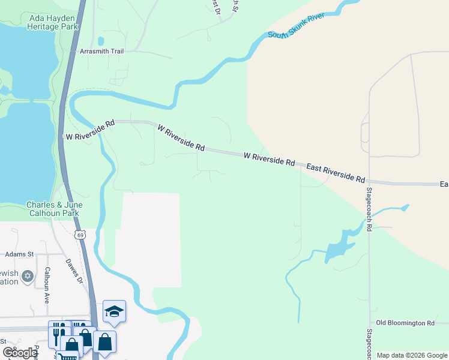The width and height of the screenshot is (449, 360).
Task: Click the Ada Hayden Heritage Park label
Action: [x=54, y=22]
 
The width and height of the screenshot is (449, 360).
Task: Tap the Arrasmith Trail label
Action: [x=101, y=52]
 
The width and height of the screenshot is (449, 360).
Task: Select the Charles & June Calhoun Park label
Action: [x=54, y=209]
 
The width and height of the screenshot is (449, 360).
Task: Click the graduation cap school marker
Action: [x=114, y=311]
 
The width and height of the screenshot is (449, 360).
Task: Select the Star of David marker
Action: [x=27, y=277]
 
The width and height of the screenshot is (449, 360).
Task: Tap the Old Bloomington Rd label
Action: [x=405, y=323]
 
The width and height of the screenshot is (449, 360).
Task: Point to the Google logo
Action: [x=20, y=353]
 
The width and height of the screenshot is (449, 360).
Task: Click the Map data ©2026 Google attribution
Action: [x=411, y=355]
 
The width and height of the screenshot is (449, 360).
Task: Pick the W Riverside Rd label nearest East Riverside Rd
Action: [x=270, y=159]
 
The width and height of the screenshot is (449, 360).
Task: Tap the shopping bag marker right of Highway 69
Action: [x=104, y=342]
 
